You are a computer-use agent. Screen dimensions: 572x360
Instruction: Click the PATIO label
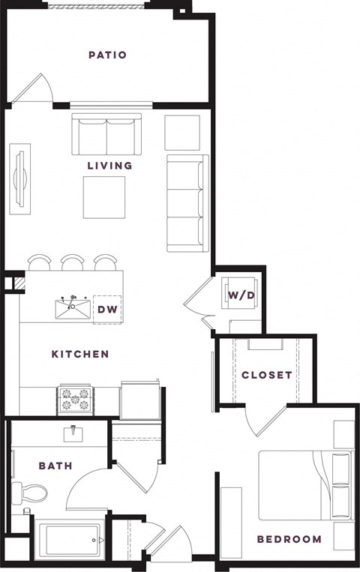pyautogui.click(x=107, y=55)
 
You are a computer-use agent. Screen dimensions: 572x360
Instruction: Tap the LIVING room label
pyautogui.click(x=109, y=165)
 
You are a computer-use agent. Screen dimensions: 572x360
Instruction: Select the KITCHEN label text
pyautogui.click(x=80, y=354)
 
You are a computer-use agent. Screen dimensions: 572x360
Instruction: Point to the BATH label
pyautogui.click(x=55, y=466)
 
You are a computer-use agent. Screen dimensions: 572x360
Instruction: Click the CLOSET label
pyautogui.click(x=266, y=375)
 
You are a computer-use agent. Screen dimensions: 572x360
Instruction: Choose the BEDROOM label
pyautogui.click(x=289, y=539)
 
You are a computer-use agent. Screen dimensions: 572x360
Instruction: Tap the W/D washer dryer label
pyautogui.click(x=241, y=295)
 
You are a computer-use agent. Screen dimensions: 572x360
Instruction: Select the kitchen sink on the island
pyautogui.click(x=73, y=309)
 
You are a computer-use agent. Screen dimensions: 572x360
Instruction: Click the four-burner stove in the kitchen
pyautogui.click(x=76, y=401)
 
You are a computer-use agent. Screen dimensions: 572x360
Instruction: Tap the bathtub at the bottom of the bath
pyautogui.click(x=72, y=539)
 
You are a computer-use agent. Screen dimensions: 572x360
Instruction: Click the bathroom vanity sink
pyautogui.click(x=73, y=434)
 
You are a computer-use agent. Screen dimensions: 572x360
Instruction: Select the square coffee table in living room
pyautogui.click(x=104, y=197)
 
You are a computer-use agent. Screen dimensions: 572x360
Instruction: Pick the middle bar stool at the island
pyautogui.click(x=73, y=262)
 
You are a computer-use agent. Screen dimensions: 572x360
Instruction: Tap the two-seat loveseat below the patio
pyautogui.click(x=106, y=133)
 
